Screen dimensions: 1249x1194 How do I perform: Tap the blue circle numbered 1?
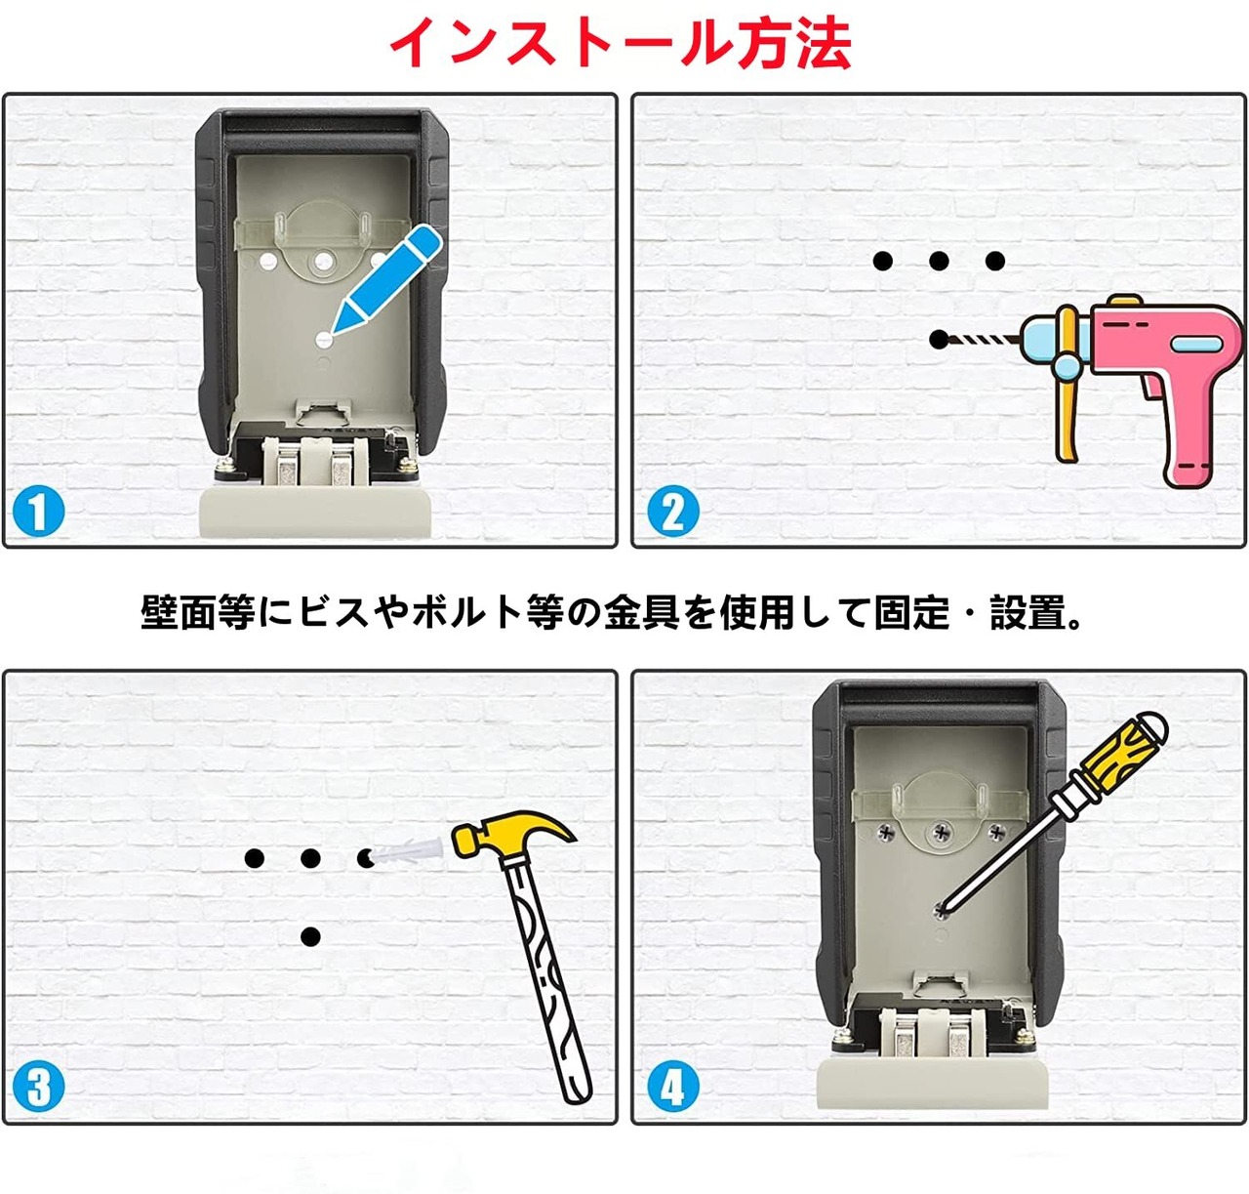pyautogui.click(x=38, y=512)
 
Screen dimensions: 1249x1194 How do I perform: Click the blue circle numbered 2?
pyautogui.click(x=672, y=512)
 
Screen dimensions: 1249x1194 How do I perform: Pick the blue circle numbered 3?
pyautogui.click(x=38, y=1086)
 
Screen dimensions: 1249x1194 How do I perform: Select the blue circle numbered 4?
pyautogui.click(x=672, y=1086)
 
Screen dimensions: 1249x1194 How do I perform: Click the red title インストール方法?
pyautogui.click(x=621, y=42)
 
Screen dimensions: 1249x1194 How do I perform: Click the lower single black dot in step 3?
pyautogui.click(x=310, y=936)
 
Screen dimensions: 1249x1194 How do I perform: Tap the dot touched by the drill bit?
pyautogui.click(x=939, y=339)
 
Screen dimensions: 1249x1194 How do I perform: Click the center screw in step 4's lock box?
pyautogui.click(x=942, y=833)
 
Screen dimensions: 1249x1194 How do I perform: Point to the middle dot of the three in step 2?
pyautogui.click(x=939, y=261)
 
